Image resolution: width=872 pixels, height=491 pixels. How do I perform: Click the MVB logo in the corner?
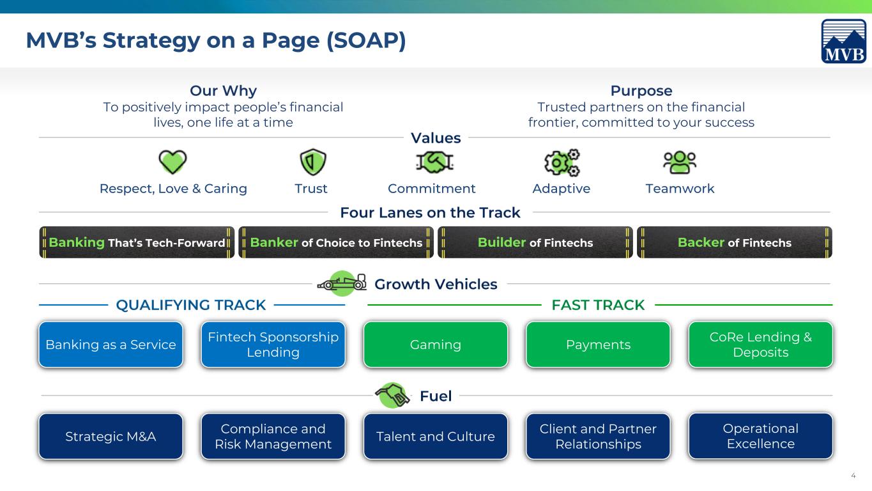[x=844, y=41]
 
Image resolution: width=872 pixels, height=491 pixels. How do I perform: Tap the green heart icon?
[x=173, y=161]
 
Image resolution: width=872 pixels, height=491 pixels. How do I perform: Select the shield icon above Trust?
[x=312, y=162]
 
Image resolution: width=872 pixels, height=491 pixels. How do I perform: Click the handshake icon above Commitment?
[x=435, y=162]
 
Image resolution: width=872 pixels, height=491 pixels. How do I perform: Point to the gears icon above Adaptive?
[x=562, y=162]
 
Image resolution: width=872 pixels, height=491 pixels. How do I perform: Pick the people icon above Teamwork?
[x=680, y=162]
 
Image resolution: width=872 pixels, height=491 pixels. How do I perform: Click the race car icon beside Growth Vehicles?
[x=342, y=283]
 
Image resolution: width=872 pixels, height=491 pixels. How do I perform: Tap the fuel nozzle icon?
[x=392, y=395]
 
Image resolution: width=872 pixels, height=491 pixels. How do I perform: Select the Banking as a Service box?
[x=111, y=345]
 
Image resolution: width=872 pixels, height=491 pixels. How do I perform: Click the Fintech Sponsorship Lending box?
[x=273, y=345]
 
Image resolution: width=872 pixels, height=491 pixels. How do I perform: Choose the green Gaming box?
[x=436, y=345]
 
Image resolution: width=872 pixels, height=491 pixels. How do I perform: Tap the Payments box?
[x=598, y=345]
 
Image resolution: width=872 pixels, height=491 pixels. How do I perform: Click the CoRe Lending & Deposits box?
[x=761, y=345]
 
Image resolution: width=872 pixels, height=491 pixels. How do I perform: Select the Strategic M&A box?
[x=111, y=437]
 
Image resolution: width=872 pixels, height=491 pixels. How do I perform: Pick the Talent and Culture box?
[x=436, y=437]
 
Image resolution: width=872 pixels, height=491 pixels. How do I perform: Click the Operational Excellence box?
[x=761, y=436]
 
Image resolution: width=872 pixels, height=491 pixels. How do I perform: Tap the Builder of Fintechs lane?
[x=535, y=242]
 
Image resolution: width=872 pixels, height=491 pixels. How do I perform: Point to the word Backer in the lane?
[x=701, y=242]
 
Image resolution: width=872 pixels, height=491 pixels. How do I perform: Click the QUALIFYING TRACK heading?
[x=191, y=305]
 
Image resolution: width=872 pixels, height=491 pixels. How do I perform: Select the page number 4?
[x=853, y=476]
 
